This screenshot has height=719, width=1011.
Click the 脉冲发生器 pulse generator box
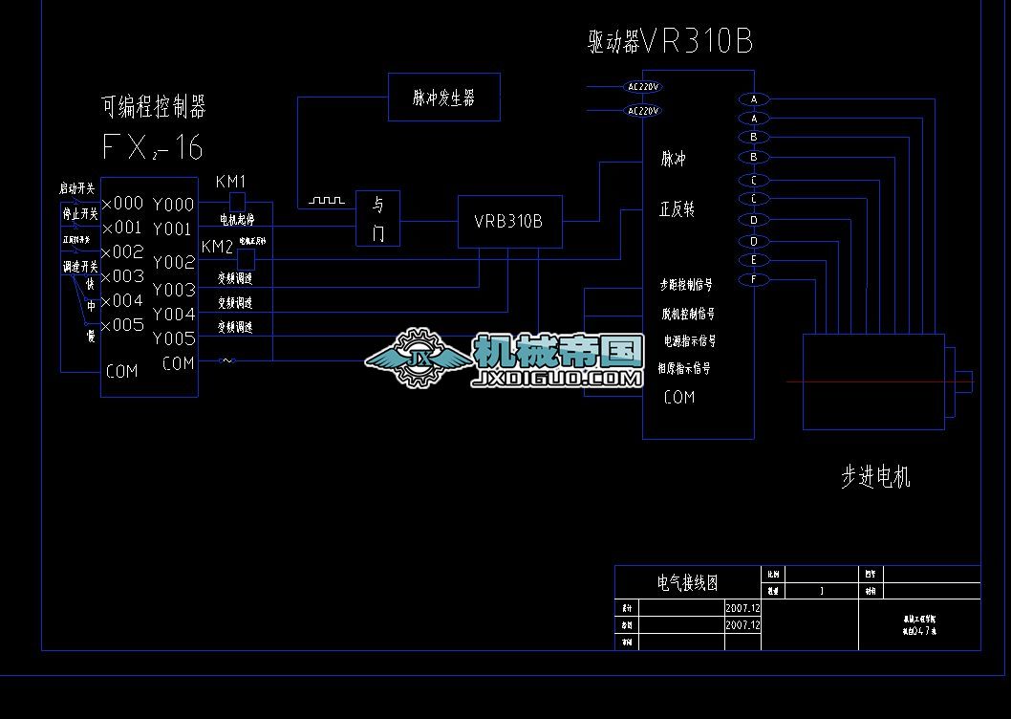(443, 97)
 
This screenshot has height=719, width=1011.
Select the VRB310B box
(509, 221)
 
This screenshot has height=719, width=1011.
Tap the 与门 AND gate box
(378, 218)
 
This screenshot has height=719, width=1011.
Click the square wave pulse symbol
(325, 202)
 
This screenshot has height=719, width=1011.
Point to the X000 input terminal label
(122, 204)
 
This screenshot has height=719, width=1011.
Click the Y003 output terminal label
(174, 290)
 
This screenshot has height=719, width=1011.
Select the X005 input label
(122, 325)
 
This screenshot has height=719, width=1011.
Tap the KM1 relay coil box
(238, 202)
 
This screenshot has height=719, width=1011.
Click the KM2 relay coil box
(246, 260)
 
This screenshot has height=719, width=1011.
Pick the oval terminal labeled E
(754, 260)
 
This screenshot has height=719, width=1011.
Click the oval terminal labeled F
(754, 279)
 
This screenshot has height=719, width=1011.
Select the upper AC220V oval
(643, 87)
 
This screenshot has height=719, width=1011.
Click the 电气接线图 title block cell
(687, 581)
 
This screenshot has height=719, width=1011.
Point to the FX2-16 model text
(152, 148)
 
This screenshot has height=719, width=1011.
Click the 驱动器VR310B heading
(671, 42)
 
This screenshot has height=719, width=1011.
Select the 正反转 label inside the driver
(677, 209)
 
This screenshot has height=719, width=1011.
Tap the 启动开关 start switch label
(77, 189)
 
